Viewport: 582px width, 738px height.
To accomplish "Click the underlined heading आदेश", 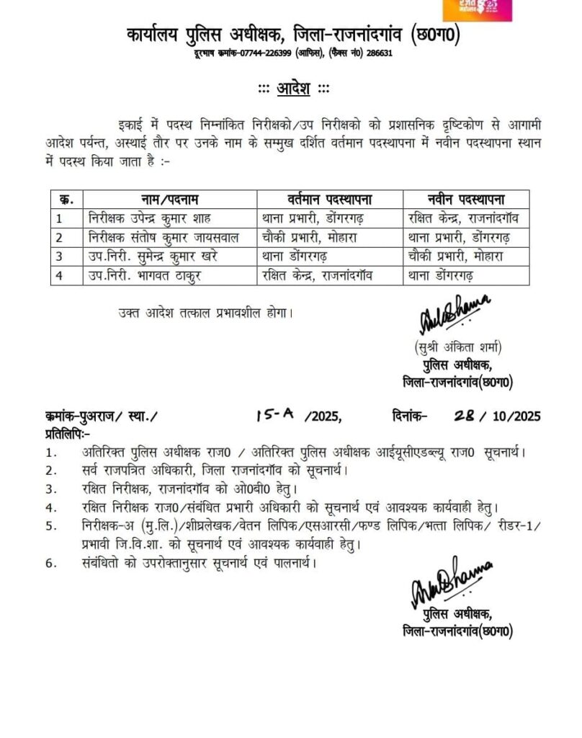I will [292, 89].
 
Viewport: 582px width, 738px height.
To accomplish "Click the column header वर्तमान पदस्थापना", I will [327, 198].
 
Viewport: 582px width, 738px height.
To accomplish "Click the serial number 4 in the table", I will [61, 275].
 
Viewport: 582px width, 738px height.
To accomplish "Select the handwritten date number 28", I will [465, 414].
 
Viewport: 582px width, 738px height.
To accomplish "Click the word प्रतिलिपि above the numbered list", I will [66, 434].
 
